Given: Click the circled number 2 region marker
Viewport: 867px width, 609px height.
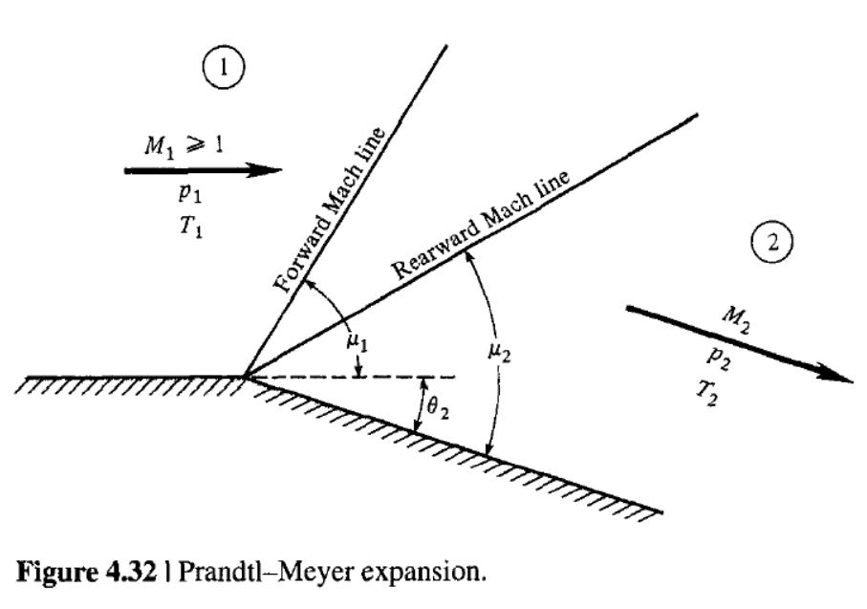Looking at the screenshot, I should point(772,241).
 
